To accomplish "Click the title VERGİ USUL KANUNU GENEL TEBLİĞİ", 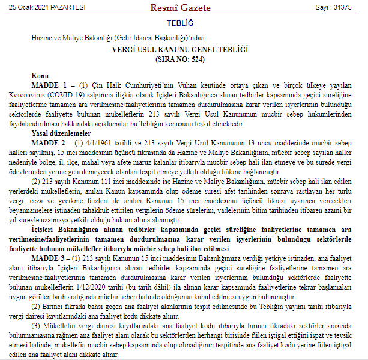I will [x=184, y=49].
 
